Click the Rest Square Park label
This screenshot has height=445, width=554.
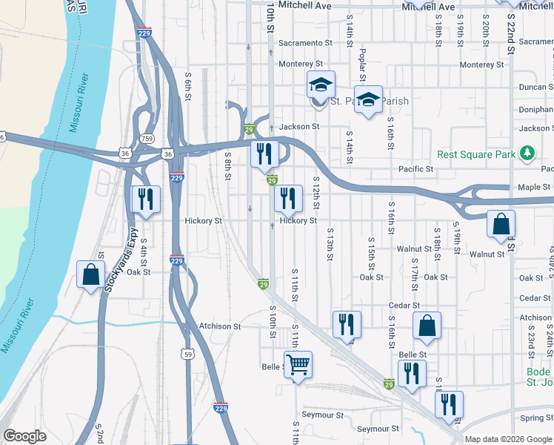pos(475,154)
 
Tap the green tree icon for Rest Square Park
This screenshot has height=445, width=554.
pos(527,154)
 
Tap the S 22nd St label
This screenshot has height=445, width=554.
pos(511,38)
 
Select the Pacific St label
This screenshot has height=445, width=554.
pos(415,169)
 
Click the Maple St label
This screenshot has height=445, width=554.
pos(534,187)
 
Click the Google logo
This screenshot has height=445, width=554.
pos(24,436)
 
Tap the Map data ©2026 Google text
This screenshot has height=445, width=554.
pos(508,439)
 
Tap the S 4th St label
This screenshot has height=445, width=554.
pos(143,252)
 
